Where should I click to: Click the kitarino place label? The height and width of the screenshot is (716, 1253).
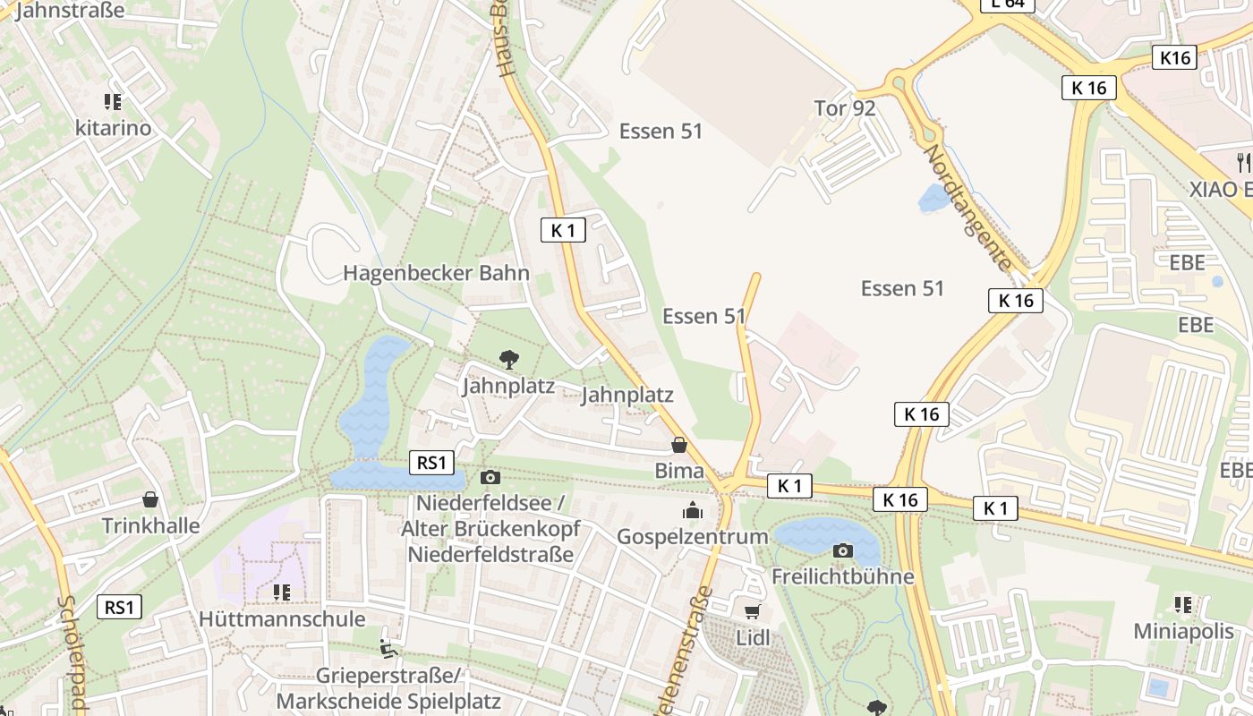point(113,128)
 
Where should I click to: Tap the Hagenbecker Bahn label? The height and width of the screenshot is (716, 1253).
point(437,273)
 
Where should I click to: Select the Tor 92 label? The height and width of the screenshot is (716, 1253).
point(845,108)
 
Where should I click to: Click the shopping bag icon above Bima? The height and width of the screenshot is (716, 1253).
point(679,445)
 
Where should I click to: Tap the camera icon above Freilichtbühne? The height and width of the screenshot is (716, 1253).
point(842,550)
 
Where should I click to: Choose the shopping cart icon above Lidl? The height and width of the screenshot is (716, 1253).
point(753,612)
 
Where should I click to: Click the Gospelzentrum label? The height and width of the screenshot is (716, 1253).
point(693,537)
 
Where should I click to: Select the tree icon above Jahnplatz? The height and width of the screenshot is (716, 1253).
point(508,360)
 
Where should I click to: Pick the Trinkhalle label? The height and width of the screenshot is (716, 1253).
point(150,525)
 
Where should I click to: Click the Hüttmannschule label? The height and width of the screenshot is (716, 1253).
point(282,618)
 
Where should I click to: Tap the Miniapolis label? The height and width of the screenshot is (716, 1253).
point(1183,631)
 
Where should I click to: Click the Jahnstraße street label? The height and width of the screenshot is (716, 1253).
point(70,11)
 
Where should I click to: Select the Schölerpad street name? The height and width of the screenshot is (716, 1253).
point(71,653)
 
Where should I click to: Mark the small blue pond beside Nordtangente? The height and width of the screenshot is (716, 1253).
point(933,199)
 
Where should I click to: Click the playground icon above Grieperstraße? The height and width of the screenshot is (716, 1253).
point(388,648)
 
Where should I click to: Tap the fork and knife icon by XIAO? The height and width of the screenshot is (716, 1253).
point(1242,162)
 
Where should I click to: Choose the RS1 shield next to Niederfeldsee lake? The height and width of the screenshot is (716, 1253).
point(431,463)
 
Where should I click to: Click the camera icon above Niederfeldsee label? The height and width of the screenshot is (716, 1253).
point(490,477)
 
